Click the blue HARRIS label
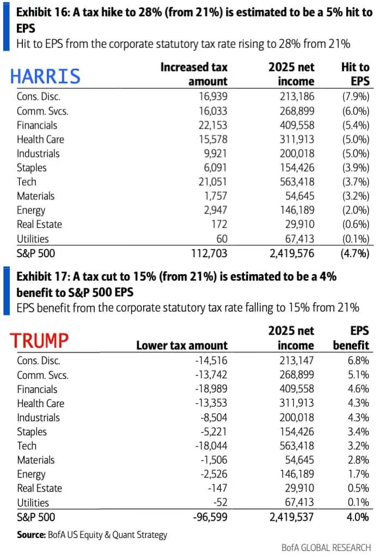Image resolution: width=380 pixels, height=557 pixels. (x=45, y=76)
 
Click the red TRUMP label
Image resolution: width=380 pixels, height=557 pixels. (x=39, y=340)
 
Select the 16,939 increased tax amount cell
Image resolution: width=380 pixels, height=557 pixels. (x=213, y=96)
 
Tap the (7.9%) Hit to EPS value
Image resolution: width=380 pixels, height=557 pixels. (x=356, y=96)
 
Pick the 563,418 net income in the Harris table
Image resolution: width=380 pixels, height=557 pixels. (x=297, y=182)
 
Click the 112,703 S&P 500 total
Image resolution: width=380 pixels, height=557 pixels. (x=210, y=253)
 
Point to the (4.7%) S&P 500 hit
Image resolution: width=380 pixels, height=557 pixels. (x=355, y=253)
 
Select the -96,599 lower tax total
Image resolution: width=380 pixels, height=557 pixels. (x=210, y=517)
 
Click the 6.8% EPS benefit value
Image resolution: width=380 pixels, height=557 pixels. (x=358, y=361)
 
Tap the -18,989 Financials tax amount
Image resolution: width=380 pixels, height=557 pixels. (x=211, y=389)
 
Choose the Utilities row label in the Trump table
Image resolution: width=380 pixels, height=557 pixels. (x=33, y=502)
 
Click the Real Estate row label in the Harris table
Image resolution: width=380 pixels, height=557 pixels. (x=39, y=225)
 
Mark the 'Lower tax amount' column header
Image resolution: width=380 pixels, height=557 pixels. (x=182, y=346)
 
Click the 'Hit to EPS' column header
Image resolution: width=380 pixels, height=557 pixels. (x=355, y=74)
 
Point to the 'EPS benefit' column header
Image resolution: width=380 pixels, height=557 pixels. (x=351, y=338)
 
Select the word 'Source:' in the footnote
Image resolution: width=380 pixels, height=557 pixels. (x=31, y=535)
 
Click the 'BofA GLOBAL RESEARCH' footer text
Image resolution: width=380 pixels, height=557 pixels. (x=326, y=548)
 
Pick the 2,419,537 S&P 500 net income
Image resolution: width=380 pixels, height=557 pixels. (x=292, y=517)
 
